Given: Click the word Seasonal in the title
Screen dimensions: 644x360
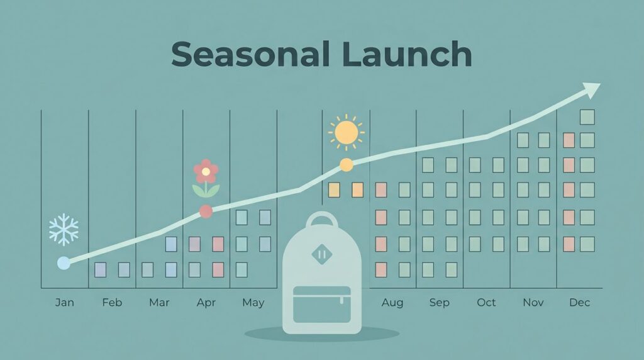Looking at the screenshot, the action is [250, 54].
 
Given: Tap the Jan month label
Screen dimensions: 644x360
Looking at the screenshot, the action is [65, 303].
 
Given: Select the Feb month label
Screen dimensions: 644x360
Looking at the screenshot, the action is [112, 303].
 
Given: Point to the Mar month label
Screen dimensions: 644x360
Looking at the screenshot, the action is [159, 303].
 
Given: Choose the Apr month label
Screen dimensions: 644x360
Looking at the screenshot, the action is [206, 303].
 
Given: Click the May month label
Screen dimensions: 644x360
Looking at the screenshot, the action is [253, 303].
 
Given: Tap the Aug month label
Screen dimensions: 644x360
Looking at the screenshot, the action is [392, 303].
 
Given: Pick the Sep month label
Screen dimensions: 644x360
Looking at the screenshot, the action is [440, 303].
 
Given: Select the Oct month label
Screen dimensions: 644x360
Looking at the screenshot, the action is [486, 303].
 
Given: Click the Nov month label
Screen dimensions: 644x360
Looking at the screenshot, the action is [533, 303].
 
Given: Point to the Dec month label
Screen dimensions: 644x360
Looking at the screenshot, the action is [579, 303].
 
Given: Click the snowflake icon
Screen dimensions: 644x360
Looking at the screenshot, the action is [64, 229].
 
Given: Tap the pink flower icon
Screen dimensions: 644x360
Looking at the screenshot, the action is [206, 177].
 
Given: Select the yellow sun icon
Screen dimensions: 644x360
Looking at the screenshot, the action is [347, 132].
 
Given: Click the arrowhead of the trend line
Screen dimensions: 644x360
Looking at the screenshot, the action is [591, 89].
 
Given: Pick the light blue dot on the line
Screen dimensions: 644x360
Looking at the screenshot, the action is [64, 263].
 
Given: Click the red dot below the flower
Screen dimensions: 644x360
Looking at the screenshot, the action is [206, 211].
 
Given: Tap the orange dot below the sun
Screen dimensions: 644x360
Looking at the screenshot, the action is [347, 165].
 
